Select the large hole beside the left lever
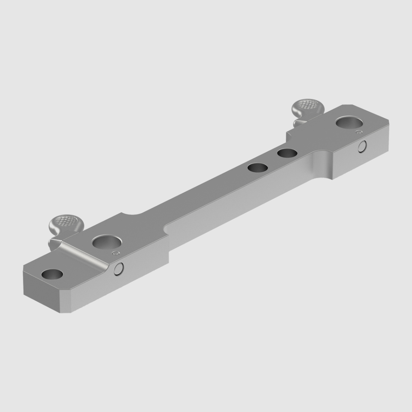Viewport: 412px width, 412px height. (x=107, y=242)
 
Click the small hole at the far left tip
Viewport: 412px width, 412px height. (x=52, y=275)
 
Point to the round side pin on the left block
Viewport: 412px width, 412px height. (x=119, y=269)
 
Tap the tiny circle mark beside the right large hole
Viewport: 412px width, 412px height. (x=359, y=132)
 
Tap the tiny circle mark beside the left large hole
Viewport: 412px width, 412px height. (x=116, y=253)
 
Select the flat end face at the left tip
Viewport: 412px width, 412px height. (x=41, y=288)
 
